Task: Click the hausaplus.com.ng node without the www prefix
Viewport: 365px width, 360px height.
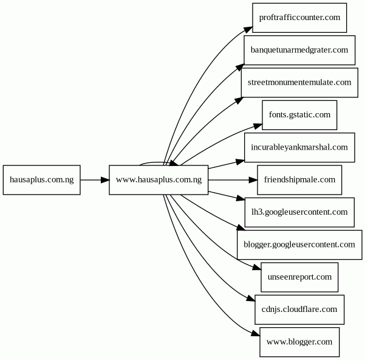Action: click(42, 180)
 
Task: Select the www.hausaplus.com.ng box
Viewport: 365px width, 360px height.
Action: click(159, 180)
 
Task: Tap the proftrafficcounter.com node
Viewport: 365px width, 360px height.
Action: click(299, 18)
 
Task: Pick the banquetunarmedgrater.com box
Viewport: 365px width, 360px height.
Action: click(299, 50)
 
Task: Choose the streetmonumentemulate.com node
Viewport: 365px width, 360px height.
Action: click(299, 83)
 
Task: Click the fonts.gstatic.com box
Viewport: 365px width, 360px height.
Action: click(299, 115)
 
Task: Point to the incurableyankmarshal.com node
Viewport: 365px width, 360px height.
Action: click(299, 148)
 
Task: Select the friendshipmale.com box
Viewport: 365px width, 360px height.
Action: click(299, 180)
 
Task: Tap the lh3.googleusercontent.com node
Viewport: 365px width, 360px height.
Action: click(299, 212)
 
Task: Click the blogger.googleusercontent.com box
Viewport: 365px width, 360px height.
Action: click(299, 244)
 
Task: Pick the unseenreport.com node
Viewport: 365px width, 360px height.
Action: click(299, 277)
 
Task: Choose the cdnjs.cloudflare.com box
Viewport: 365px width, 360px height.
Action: click(299, 310)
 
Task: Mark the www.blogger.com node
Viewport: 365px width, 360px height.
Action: click(299, 342)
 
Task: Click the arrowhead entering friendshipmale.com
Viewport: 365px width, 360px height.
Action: click(253, 180)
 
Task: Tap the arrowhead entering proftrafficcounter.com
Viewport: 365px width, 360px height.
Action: click(248, 30)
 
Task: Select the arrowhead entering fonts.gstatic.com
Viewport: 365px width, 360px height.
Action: click(258, 126)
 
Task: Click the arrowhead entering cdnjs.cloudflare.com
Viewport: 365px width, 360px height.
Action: click(251, 299)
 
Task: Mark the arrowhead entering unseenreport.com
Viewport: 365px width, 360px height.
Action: click(257, 268)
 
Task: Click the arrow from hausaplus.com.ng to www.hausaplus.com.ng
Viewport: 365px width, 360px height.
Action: click(95, 180)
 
